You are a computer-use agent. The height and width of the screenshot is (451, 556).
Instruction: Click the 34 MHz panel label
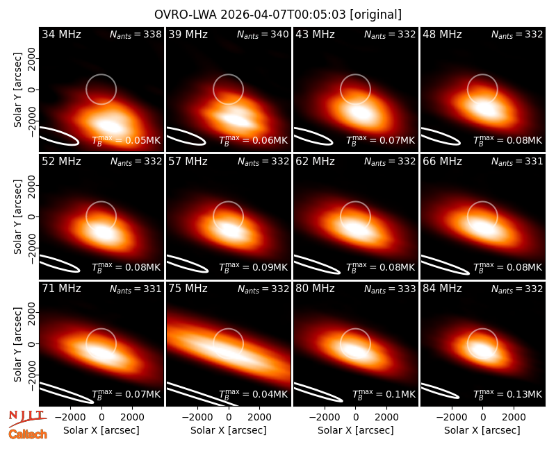click(x=61, y=34)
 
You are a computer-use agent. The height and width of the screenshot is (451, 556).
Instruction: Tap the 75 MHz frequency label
click(x=188, y=289)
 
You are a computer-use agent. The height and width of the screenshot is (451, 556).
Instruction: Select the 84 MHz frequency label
click(x=442, y=289)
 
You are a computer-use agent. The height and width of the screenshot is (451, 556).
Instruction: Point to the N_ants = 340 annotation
click(x=263, y=35)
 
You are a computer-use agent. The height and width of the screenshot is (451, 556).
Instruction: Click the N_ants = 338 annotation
click(x=136, y=35)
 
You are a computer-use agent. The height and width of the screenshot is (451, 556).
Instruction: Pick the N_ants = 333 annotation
click(x=390, y=289)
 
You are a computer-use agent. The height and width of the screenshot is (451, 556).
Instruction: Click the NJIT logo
click(x=28, y=418)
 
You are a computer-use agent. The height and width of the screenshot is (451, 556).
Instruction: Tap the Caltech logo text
click(x=28, y=434)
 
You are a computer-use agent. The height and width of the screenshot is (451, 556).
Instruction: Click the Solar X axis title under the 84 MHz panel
click(x=482, y=430)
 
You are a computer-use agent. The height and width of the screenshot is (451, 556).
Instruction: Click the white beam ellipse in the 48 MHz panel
click(x=440, y=137)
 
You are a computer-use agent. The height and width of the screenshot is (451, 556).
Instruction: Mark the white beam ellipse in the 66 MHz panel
click(x=445, y=265)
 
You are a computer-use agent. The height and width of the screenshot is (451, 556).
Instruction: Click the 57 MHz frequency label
click(x=188, y=162)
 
